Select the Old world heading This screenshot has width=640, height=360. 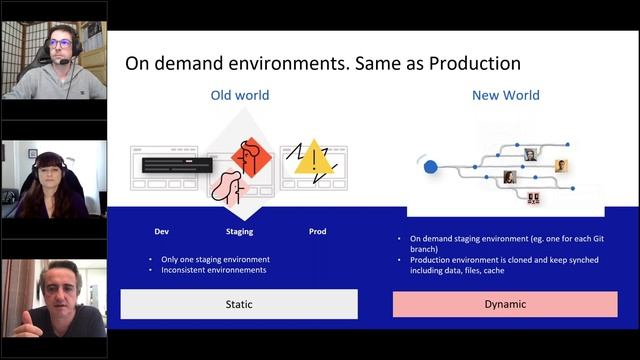(239, 96)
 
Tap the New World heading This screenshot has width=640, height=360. (505, 96)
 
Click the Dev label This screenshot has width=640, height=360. (161, 231)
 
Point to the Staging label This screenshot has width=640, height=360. (239, 231)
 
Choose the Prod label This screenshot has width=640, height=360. (316, 231)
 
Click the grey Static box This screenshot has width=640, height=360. (239, 304)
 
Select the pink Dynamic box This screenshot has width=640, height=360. (504, 304)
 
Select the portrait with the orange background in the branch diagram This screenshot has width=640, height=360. (562, 165)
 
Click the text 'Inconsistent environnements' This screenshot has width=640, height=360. (216, 270)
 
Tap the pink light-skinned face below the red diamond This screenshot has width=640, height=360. (229, 186)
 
